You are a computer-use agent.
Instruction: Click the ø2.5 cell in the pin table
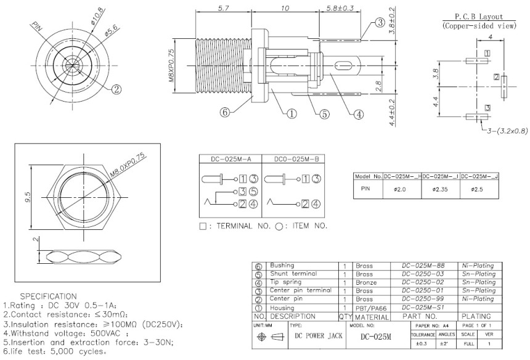tap(479, 189)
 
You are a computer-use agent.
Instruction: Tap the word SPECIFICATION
tap(49, 296)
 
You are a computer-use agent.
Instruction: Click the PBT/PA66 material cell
tap(372, 307)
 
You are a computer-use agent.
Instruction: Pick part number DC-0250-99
tap(423, 299)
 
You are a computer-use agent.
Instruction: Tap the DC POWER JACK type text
tap(318, 337)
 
